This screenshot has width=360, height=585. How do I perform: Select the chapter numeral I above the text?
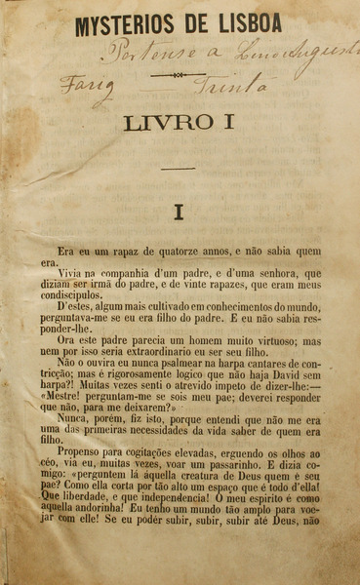pos(179,210)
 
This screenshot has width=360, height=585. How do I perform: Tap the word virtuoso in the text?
pos(279,341)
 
